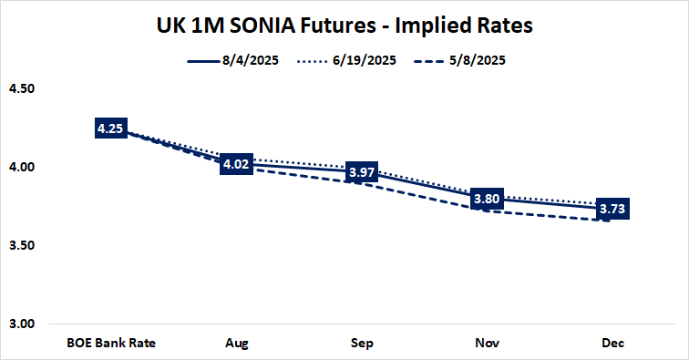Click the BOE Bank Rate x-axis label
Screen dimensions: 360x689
(x=111, y=344)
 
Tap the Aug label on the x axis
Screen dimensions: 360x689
(x=237, y=344)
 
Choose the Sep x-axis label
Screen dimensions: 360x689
(x=363, y=344)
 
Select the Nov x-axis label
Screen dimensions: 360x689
(x=488, y=344)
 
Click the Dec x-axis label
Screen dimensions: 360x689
(x=613, y=344)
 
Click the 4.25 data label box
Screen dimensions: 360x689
(x=110, y=129)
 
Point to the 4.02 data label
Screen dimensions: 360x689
(x=237, y=165)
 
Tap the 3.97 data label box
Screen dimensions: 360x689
(x=363, y=172)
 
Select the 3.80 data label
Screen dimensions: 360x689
(x=488, y=199)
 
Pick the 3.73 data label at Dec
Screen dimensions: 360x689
(x=613, y=210)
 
